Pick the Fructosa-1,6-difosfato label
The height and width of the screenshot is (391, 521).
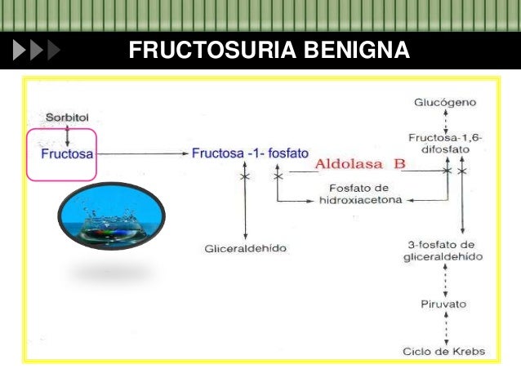click(446, 144)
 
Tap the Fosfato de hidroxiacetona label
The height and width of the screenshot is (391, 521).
click(359, 193)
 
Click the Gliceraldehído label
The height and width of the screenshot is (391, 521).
click(245, 247)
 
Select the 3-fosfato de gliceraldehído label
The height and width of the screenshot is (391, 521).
click(446, 251)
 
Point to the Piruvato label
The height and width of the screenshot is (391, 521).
click(445, 304)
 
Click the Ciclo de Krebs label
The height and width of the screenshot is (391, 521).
click(445, 352)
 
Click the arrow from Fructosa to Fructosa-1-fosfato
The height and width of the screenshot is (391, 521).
click(143, 153)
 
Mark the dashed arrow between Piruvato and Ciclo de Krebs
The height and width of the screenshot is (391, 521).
click(445, 327)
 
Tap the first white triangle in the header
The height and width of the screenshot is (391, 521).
click(20, 51)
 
